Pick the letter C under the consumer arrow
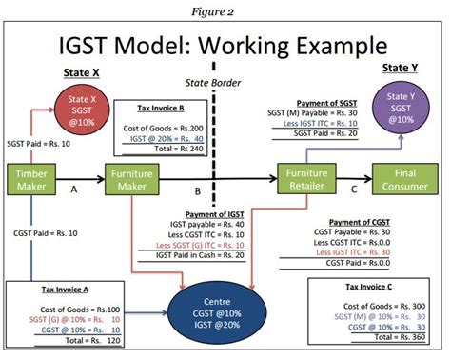[x=354, y=190]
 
